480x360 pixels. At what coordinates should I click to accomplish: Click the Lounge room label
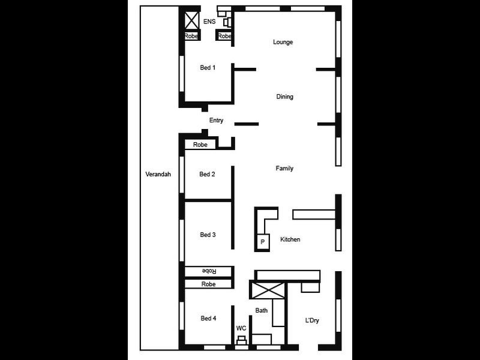(x=283, y=42)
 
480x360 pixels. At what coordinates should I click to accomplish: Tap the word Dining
(x=284, y=97)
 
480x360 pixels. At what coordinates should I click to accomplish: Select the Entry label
(x=216, y=121)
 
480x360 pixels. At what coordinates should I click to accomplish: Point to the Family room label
(x=284, y=169)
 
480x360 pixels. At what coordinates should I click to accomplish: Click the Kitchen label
(x=290, y=239)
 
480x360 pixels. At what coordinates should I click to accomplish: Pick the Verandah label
(x=158, y=175)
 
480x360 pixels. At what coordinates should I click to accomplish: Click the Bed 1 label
(x=208, y=68)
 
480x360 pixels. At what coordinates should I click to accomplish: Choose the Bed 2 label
(x=207, y=175)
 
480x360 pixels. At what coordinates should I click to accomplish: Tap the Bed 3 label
(x=208, y=235)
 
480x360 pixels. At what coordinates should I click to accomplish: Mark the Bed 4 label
(x=208, y=319)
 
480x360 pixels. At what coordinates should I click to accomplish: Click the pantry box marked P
(x=263, y=242)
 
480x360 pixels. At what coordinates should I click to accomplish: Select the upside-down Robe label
(x=208, y=271)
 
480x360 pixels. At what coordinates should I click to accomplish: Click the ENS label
(x=209, y=22)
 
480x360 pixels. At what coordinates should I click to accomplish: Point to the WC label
(x=241, y=328)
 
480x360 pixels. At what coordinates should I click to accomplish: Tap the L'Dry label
(x=312, y=320)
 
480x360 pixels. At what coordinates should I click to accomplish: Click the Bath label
(x=262, y=310)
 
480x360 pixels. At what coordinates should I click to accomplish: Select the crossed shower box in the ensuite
(x=191, y=20)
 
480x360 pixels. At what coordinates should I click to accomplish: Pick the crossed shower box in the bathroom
(x=267, y=291)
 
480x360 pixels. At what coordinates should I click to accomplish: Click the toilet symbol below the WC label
(x=241, y=342)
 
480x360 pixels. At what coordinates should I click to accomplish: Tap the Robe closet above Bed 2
(x=200, y=145)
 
